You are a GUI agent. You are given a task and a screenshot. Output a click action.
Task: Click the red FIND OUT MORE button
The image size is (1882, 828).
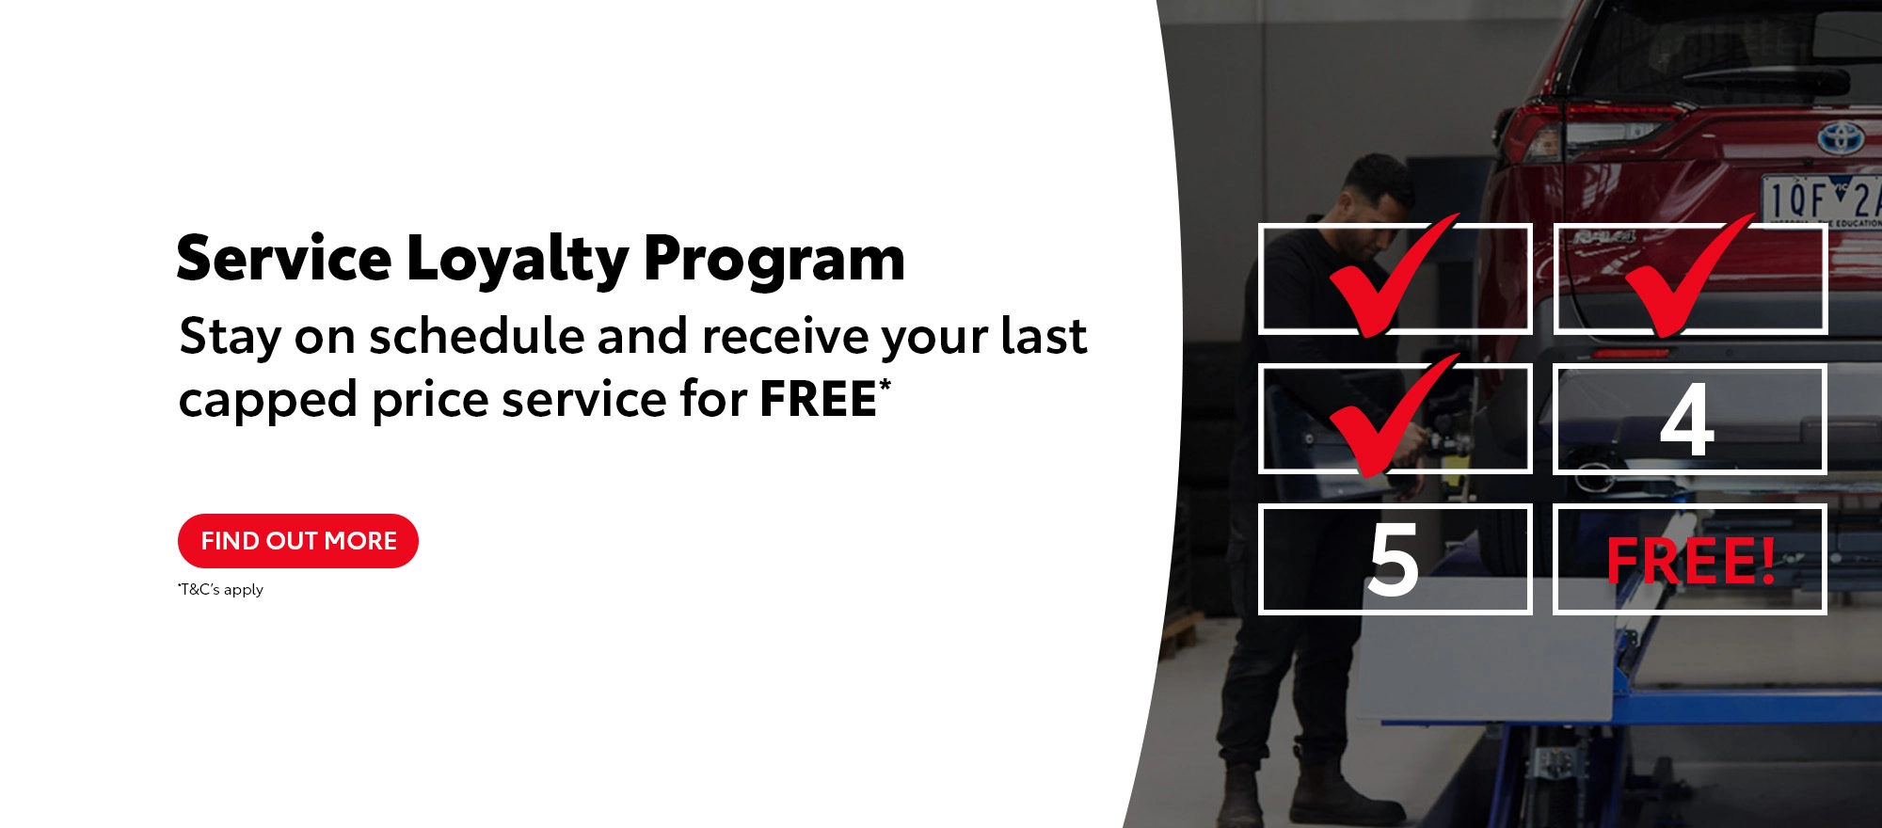(298, 541)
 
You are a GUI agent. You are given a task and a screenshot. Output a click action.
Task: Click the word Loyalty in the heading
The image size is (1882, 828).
(518, 260)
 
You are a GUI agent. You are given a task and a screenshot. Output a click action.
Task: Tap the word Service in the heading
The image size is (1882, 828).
(283, 258)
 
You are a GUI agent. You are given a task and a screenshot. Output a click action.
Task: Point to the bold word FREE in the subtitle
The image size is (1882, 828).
(819, 399)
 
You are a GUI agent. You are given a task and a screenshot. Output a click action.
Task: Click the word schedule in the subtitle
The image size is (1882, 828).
(477, 336)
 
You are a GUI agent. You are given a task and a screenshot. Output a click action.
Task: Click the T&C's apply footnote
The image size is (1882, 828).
(220, 590)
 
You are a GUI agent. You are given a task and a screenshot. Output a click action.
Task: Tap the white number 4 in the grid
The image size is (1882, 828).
(1687, 420)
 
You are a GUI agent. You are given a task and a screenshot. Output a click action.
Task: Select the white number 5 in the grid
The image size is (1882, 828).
(1394, 560)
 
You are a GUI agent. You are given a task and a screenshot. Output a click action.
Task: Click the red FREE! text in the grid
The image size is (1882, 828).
(1691, 562)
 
